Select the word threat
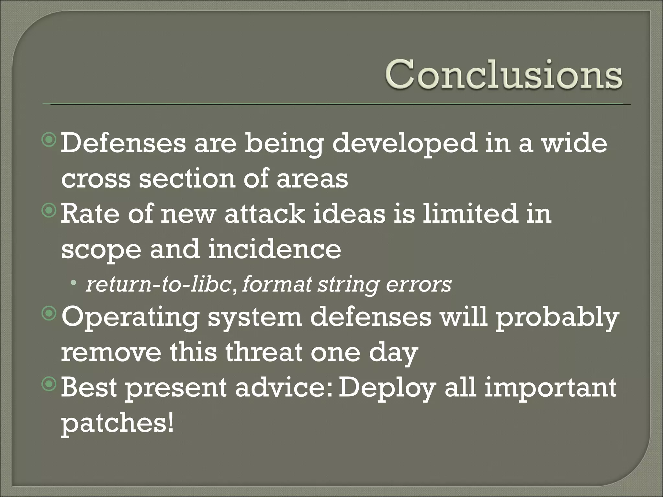coord(264,352)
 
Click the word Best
coord(89,388)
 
